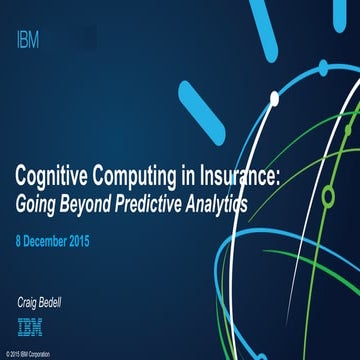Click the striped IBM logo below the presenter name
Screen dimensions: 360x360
click(x=30, y=324)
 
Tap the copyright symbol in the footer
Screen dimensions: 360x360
click(x=6, y=354)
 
